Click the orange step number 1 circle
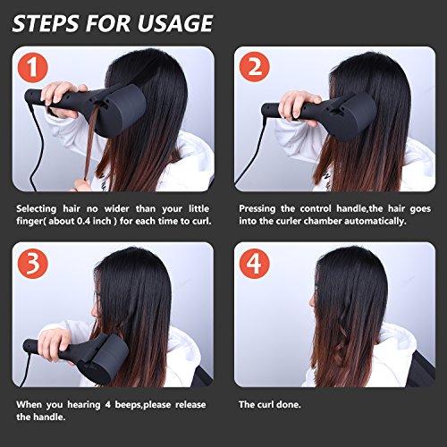pyautogui.click(x=32, y=68)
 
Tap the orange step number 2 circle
pyautogui.click(x=254, y=67)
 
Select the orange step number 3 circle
pyautogui.click(x=32, y=264)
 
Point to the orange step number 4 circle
pyautogui.click(x=254, y=264)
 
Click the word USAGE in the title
pyautogui.click(x=175, y=23)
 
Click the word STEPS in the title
pyautogui.click(x=46, y=23)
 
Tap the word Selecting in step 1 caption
pyautogui.click(x=36, y=208)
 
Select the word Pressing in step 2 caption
pyautogui.click(x=257, y=208)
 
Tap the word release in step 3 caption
pyautogui.click(x=190, y=405)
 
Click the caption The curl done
pyautogui.click(x=270, y=404)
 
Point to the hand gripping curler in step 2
pyautogui.click(x=299, y=105)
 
